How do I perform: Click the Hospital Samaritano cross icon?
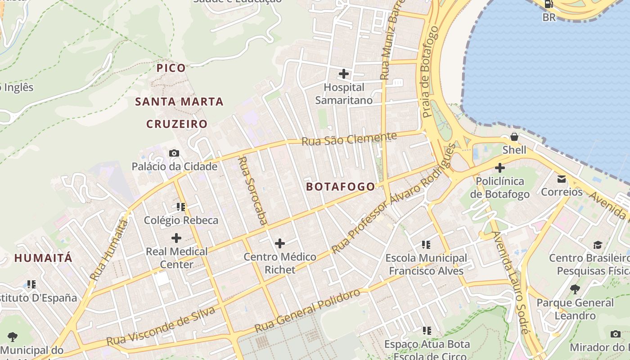pos(344,73)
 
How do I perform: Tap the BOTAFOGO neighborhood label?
pos(340,187)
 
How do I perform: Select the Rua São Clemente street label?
pos(349,139)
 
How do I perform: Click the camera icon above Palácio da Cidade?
pos(174,153)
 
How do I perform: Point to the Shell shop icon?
pos(514,137)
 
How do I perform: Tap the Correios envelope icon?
pos(562,179)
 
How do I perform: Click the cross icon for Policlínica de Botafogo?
pos(499,168)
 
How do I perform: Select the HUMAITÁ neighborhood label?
pos(43,258)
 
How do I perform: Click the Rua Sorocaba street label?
pos(252,190)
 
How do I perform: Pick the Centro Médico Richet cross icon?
pos(280,243)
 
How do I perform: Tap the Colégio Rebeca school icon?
pos(181,207)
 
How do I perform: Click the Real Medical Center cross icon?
pos(176,238)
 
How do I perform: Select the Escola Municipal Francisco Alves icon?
pos(426,245)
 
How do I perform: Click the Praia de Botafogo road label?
pos(430,72)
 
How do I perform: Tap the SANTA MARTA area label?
pos(179,102)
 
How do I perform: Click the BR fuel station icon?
pos(549,4)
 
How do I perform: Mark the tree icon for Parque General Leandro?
pos(575,289)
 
